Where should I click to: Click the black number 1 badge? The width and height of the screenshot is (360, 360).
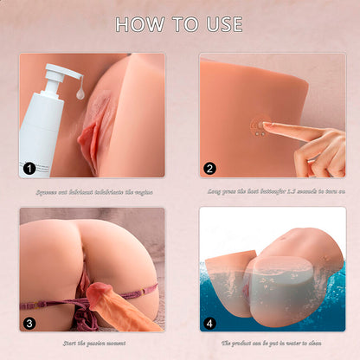pos(30,169)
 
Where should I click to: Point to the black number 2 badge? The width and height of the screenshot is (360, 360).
pos(211,169)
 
